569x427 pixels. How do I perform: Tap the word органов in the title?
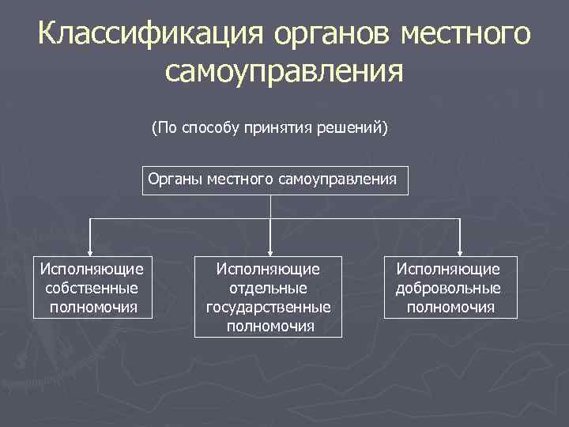click(x=331, y=34)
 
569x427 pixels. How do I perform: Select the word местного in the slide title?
click(x=466, y=34)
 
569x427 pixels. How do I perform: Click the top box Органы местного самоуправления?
click(x=272, y=180)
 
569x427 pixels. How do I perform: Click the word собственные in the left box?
click(x=92, y=288)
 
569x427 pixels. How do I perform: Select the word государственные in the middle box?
click(x=269, y=307)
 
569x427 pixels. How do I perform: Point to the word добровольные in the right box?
click(x=448, y=289)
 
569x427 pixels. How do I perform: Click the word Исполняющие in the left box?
click(x=92, y=270)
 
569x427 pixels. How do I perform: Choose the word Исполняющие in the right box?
click(x=448, y=270)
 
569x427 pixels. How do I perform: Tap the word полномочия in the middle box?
click(x=269, y=325)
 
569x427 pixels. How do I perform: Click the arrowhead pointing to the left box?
click(x=92, y=250)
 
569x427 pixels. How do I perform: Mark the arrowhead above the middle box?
click(x=270, y=250)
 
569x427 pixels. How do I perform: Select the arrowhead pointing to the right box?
click(x=462, y=250)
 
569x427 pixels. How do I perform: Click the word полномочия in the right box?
click(x=450, y=307)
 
